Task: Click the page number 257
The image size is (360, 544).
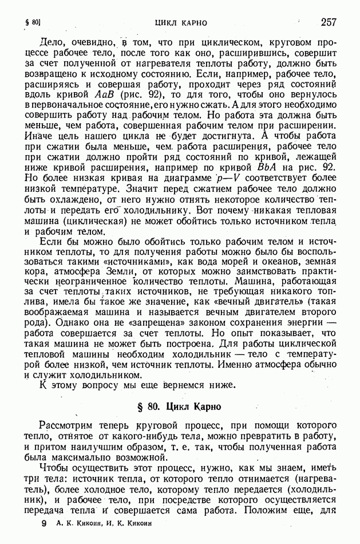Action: coord(329,22)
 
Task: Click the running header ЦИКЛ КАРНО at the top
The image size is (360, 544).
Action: coord(181,23)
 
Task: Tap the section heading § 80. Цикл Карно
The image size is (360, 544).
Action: coord(180,407)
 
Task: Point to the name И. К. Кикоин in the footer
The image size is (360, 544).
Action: coord(126,524)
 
